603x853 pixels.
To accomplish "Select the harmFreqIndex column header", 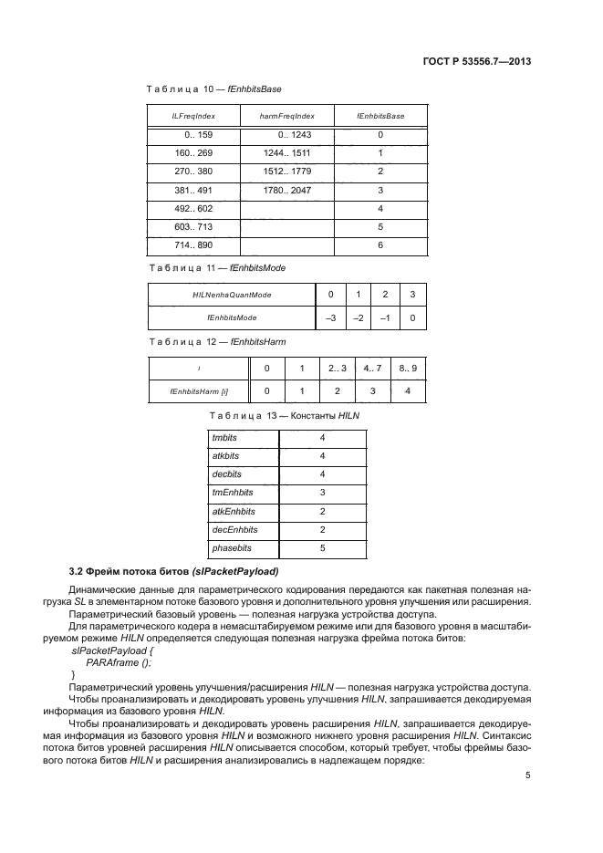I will [x=286, y=117].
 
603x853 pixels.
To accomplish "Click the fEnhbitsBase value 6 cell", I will [x=380, y=245].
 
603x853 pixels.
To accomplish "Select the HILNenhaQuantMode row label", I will [x=232, y=295].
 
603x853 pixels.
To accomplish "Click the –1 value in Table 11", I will [x=386, y=317].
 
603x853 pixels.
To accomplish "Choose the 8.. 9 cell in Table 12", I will [x=407, y=368].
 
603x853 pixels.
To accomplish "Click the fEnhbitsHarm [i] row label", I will [x=199, y=390].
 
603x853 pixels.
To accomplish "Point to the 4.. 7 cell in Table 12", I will [x=373, y=368].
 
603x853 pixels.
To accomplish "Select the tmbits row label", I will [x=224, y=437].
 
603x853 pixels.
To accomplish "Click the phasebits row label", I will [x=232, y=548].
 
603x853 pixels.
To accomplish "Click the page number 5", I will [x=528, y=775].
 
